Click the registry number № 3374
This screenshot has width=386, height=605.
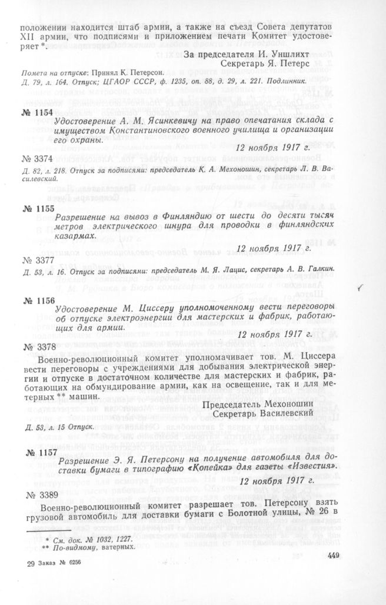pos(36,158)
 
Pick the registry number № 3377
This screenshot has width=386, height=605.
pos(36,257)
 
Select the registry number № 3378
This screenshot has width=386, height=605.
pos(36,347)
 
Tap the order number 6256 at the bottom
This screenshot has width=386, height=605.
pos(72,563)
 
